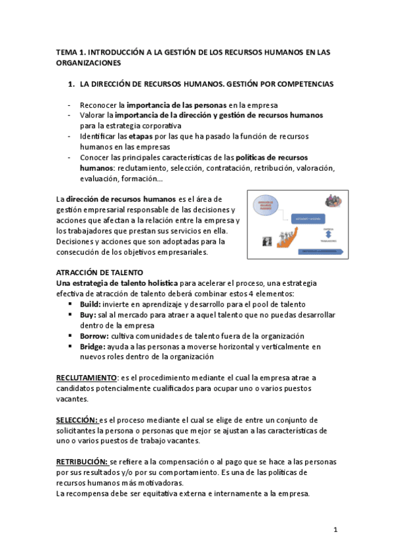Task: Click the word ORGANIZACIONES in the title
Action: [88, 64]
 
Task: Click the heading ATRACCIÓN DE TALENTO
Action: [99, 272]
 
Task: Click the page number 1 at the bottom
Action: [335, 529]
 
